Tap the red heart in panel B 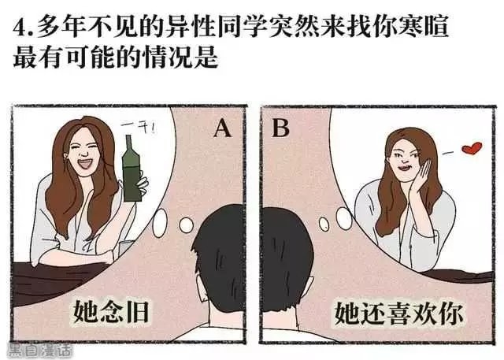[x=471, y=148]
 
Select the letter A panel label [x=223, y=128]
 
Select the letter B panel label [x=280, y=128]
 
